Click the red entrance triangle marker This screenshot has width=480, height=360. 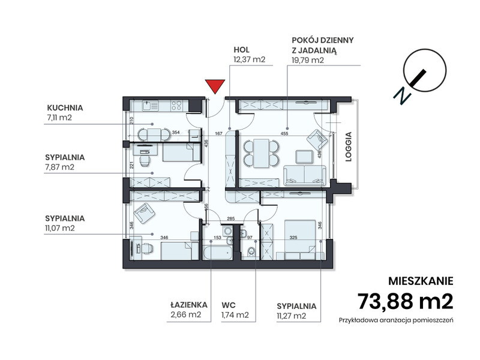click(215, 86)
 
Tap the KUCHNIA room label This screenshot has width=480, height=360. click(65, 108)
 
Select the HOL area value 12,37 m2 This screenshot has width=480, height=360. click(250, 59)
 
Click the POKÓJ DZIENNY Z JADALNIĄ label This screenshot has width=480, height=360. click(323, 45)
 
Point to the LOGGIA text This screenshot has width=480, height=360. click(349, 146)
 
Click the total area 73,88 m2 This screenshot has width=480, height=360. click(406, 301)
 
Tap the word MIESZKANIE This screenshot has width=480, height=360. click(421, 281)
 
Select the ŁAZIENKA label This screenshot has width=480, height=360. click(189, 305)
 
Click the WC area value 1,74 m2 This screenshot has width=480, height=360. click(235, 314)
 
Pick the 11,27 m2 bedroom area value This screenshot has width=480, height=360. click(292, 316)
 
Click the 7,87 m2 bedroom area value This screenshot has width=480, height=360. click(59, 167)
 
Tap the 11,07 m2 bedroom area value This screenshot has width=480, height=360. click(60, 228)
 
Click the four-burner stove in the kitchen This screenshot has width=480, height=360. click(176, 106)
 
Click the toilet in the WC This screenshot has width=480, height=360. click(251, 252)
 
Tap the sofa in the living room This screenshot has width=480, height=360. click(305, 175)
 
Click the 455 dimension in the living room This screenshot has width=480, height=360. click(284, 133)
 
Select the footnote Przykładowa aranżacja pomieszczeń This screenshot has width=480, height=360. click(396, 320)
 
